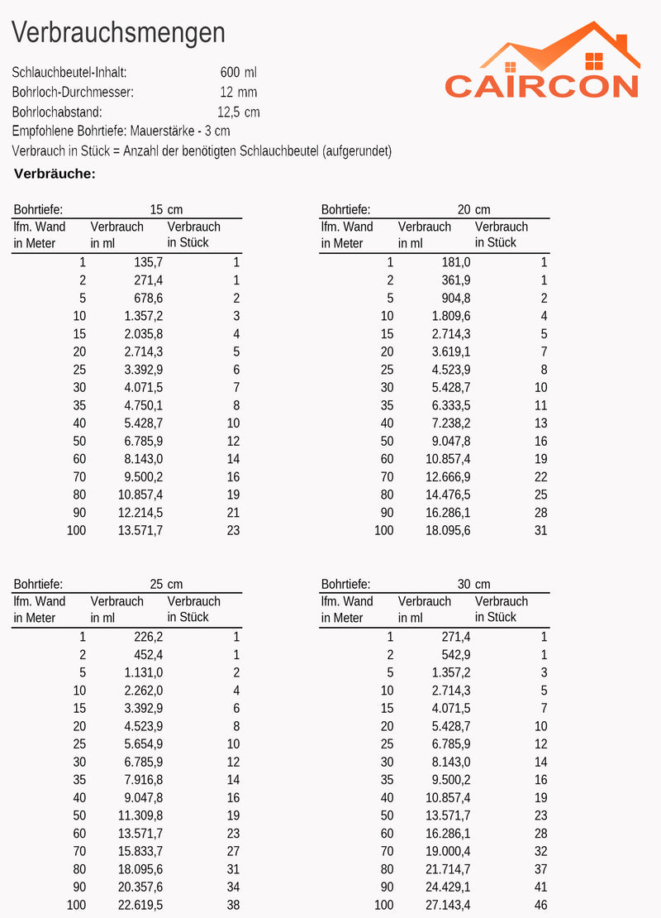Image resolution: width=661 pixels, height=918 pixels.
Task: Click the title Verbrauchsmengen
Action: pos(118,33)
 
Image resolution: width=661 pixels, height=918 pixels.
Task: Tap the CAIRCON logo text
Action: pos(541,86)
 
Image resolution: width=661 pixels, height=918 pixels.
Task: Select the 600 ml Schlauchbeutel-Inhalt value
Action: pos(239,73)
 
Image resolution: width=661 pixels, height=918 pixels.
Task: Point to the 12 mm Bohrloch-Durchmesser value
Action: pos(238,93)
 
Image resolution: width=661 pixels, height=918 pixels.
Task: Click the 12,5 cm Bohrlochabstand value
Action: pos(238,112)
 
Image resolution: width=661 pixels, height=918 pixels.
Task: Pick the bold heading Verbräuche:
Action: pos(55,174)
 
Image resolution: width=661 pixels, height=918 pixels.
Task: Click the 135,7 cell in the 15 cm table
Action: pos(148,262)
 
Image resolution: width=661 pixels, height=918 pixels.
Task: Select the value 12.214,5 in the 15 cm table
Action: pos(140,512)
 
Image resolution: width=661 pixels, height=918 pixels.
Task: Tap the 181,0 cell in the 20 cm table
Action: pos(456,262)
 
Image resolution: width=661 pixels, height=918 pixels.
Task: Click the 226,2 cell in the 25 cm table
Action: pos(148,637)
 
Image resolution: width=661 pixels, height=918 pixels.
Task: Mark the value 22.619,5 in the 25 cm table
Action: pos(140,905)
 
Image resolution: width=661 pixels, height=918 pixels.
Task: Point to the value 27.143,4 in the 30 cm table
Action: pos(448,905)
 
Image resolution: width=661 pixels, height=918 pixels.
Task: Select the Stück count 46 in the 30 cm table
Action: pos(540,905)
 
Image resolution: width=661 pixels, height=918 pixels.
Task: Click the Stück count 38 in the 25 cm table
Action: pos(233,905)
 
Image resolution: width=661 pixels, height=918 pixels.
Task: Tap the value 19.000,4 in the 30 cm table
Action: pos(448,851)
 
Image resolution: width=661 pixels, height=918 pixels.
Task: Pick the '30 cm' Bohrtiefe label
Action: pos(473,585)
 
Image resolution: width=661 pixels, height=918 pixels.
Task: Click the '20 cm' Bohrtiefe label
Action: pos(473,210)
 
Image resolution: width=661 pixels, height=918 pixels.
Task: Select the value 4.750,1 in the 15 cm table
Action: pos(144,405)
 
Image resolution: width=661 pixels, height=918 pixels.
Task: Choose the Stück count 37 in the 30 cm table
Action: pos(540,869)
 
